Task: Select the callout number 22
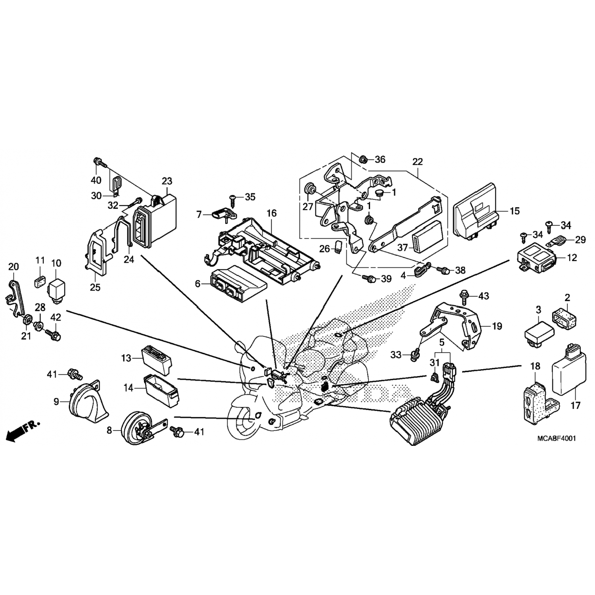point(417,162)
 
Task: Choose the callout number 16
point(271,213)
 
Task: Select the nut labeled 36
point(362,159)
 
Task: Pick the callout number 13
point(126,358)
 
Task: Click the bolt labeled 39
point(372,279)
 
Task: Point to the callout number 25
point(95,287)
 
